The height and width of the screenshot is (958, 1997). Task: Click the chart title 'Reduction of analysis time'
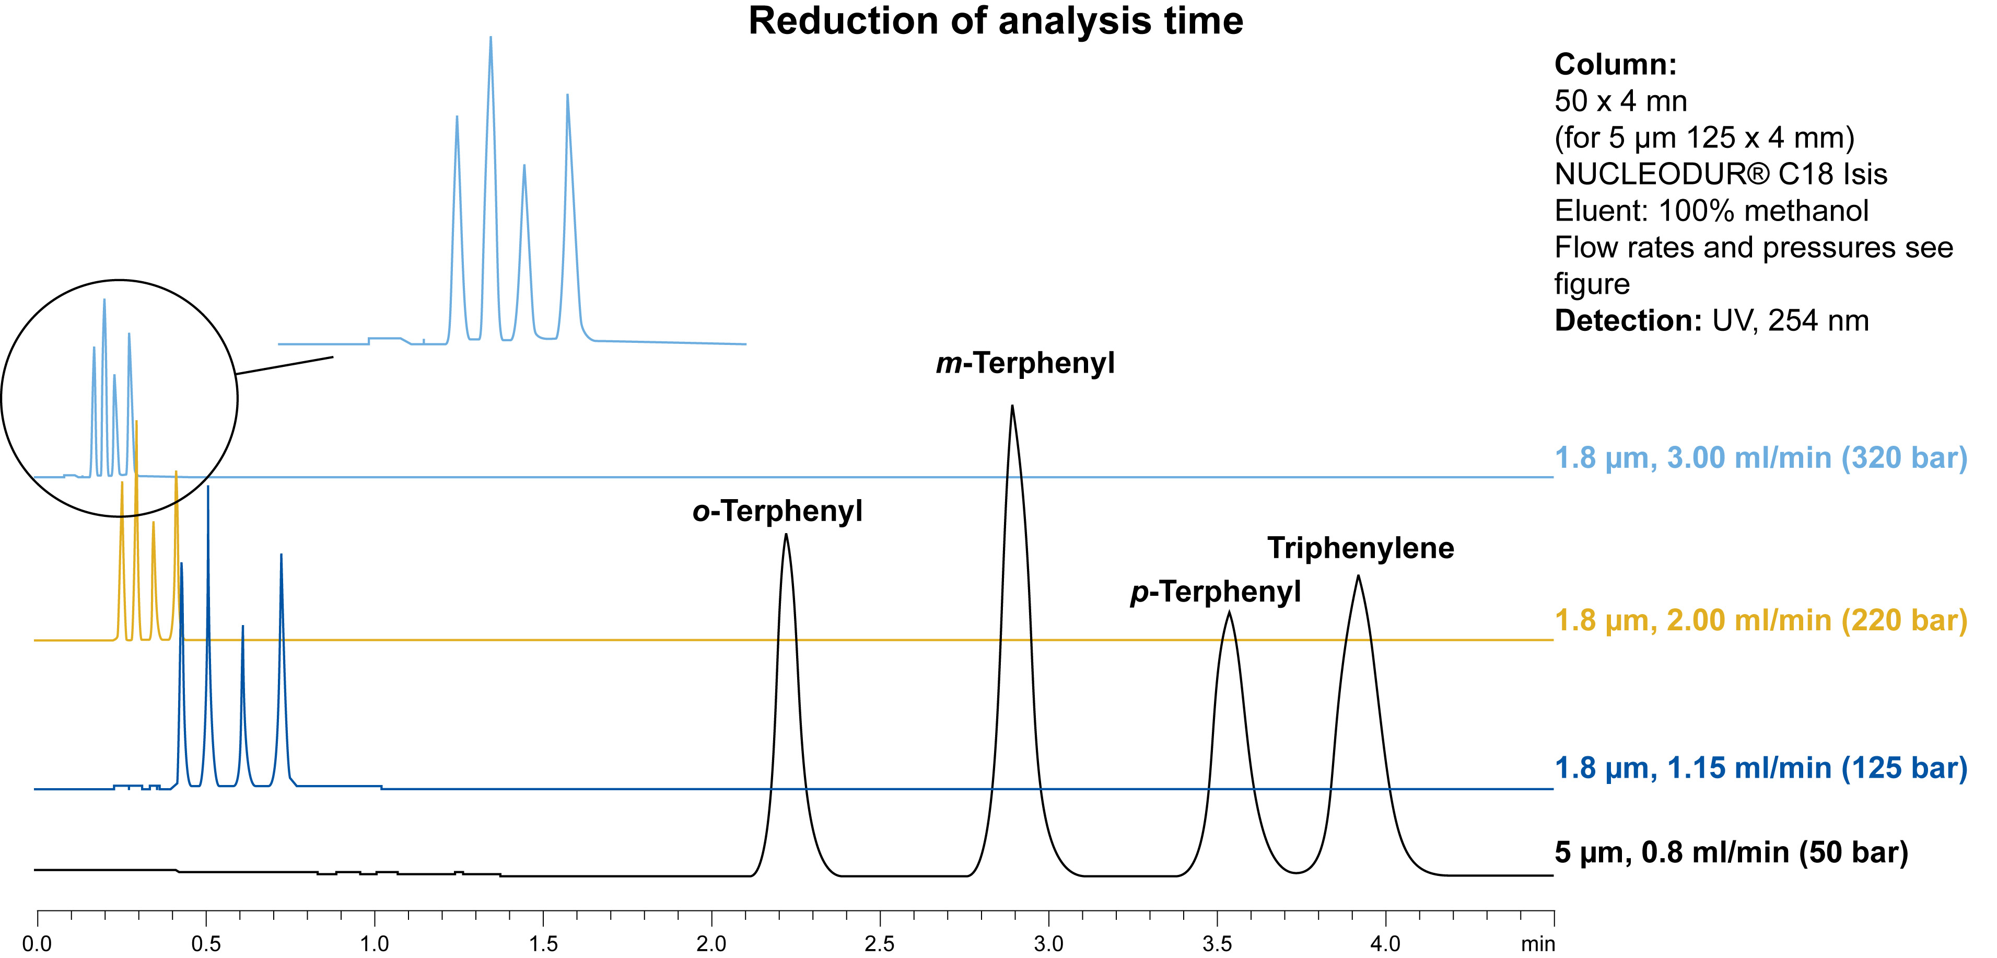click(996, 21)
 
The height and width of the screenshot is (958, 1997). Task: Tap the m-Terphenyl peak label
click(1025, 363)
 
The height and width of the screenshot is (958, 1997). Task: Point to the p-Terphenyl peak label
click(1215, 592)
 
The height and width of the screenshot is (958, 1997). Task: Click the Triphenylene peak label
click(1361, 548)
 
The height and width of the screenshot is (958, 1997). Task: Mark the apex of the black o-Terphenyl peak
click(786, 535)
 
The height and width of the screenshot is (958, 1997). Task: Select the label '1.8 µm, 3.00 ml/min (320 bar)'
click(1760, 458)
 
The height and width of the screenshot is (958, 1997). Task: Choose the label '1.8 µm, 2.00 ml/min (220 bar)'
click(1760, 620)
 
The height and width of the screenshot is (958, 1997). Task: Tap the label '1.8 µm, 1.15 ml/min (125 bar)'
click(1760, 768)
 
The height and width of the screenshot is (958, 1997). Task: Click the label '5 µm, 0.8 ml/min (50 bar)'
click(1731, 852)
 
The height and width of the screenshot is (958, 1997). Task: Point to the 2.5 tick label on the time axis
click(879, 944)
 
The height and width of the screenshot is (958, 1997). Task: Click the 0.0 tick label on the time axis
click(37, 944)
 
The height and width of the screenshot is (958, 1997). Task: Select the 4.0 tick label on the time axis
click(1385, 944)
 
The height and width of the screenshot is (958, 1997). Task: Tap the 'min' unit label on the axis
click(1537, 944)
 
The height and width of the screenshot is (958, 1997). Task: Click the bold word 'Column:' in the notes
click(1616, 64)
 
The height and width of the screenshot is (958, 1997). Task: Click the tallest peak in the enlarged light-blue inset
click(491, 39)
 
